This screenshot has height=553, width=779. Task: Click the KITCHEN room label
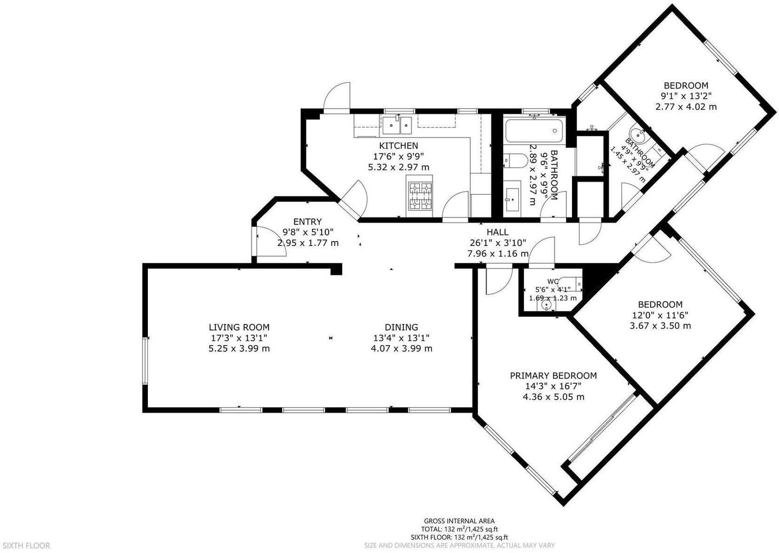coord(399,146)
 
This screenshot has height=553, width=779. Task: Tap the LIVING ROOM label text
coord(239,327)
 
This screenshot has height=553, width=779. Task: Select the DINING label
coord(401,327)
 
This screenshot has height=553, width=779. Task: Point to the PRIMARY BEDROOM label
coord(553,376)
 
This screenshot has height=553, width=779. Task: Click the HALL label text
coord(497,232)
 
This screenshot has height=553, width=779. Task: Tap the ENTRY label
coord(308,221)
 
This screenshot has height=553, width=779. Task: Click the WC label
coord(553,281)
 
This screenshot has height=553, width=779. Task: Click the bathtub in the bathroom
coord(535,131)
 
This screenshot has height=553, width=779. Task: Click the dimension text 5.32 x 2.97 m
coord(399,167)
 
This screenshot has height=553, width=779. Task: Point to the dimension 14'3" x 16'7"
coord(553,386)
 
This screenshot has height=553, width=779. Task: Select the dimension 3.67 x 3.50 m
coord(660,326)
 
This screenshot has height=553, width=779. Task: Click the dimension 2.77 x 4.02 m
coord(686,107)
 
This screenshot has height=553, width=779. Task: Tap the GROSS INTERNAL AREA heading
coord(459,521)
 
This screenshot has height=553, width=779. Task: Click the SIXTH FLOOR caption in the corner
coord(26,545)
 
